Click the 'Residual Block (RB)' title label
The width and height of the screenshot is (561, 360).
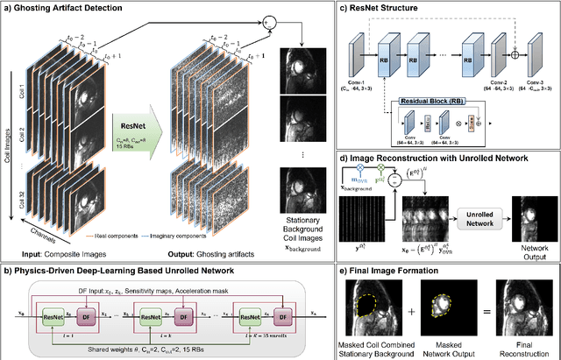(433, 102)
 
